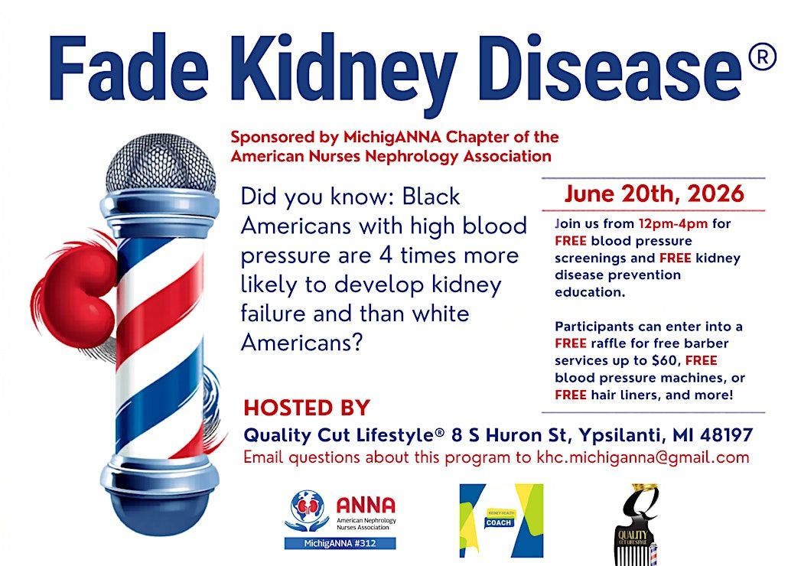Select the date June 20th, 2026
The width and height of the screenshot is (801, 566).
[x=654, y=194]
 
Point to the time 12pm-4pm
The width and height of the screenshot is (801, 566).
[x=673, y=224]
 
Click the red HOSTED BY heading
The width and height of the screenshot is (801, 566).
[x=307, y=408]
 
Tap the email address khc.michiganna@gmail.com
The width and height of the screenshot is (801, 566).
[x=643, y=457]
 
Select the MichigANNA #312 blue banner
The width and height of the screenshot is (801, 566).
[x=340, y=544]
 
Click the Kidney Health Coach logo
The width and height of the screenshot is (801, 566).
[x=502, y=521]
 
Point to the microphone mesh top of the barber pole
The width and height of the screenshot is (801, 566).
[x=161, y=164]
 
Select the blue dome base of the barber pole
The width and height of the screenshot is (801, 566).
[x=161, y=511]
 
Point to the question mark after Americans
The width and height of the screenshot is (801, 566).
[x=356, y=342]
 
